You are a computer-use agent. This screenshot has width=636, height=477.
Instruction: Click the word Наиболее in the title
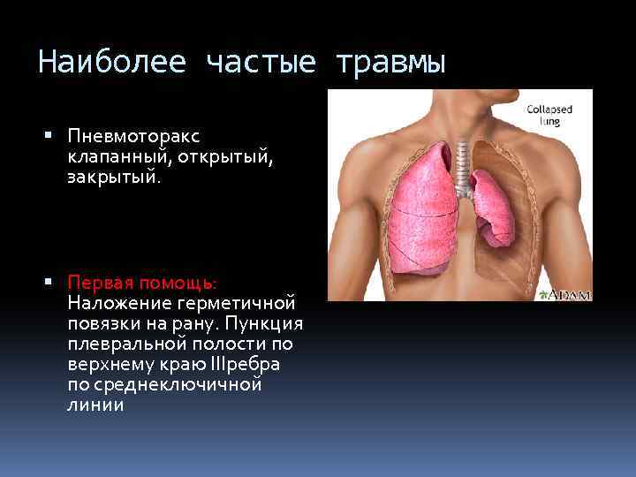pyautogui.click(x=112, y=62)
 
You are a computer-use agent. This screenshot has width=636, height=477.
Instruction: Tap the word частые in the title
pyautogui.click(x=258, y=62)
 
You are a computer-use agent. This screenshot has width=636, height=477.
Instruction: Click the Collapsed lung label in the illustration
pyautogui.click(x=549, y=116)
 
